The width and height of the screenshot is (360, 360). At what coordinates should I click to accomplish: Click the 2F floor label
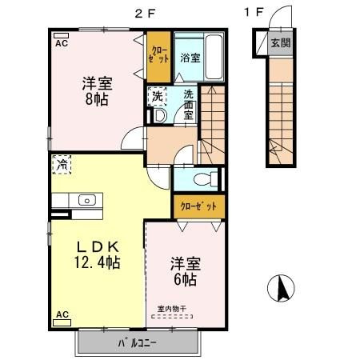point(145,14)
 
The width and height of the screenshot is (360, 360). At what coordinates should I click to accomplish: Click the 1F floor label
point(254,12)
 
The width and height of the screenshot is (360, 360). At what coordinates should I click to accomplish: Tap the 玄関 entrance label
point(281,42)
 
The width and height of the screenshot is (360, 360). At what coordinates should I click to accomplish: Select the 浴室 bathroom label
point(190,58)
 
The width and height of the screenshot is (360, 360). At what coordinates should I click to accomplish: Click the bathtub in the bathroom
point(214,57)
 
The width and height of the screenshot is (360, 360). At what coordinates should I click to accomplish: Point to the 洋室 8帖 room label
point(97,91)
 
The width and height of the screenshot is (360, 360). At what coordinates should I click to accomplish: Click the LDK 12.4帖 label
point(97,254)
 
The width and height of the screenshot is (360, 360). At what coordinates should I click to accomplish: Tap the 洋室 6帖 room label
point(186,271)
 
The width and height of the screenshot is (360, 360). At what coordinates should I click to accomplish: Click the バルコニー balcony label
point(137,343)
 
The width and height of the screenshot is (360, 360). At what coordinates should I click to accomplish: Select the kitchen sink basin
point(87,200)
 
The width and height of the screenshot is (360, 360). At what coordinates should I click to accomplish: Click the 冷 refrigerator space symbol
point(62,165)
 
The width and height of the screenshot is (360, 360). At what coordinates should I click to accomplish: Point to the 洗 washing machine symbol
point(157,96)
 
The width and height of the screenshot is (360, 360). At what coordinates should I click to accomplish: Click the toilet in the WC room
point(206,179)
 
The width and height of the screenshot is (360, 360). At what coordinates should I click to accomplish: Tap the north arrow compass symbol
point(281,288)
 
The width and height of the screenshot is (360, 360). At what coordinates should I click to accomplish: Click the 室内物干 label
point(172,309)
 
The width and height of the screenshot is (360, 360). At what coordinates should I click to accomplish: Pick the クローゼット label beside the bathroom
point(158,54)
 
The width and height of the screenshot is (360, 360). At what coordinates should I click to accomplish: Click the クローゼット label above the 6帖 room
point(198,206)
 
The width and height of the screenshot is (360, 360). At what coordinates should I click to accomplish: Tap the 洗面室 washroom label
point(189,105)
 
